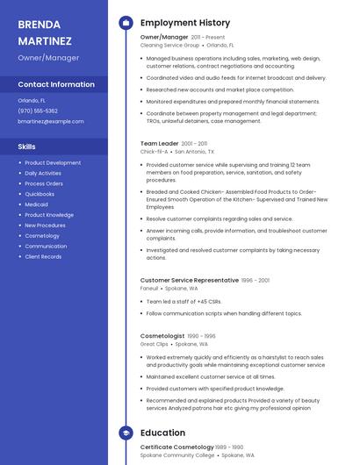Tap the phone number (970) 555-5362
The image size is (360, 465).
click(38, 111)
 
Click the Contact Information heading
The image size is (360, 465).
click(56, 84)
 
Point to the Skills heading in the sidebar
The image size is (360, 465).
click(27, 147)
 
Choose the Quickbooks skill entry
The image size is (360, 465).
click(40, 194)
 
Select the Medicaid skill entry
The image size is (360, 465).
click(37, 204)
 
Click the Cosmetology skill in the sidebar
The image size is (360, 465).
click(42, 236)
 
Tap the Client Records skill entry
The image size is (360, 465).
click(43, 257)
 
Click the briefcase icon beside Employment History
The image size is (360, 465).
click(126, 23)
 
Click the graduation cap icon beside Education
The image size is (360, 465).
click(126, 433)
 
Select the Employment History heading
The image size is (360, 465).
click(185, 23)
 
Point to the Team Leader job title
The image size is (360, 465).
click(159, 143)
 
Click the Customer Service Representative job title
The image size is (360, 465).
click(189, 280)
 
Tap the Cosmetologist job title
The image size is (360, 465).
click(162, 336)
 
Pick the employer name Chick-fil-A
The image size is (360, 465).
click(153, 152)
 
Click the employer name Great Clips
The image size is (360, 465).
click(155, 345)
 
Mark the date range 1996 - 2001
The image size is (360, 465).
click(256, 281)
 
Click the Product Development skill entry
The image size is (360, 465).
click(53, 162)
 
